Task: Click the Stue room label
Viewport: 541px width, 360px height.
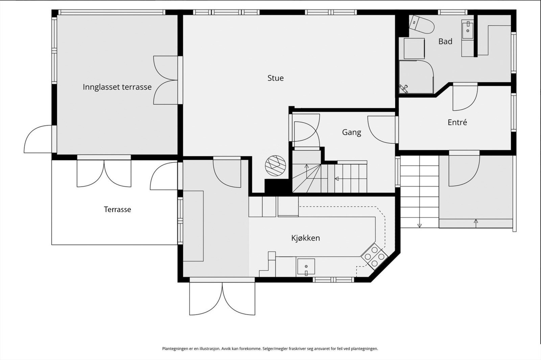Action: click(276, 78)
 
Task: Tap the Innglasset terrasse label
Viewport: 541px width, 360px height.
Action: click(117, 87)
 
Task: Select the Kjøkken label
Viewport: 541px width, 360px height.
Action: click(306, 238)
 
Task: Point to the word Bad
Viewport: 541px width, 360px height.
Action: click(445, 41)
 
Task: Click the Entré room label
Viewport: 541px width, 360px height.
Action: click(457, 122)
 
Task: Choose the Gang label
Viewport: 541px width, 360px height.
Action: click(352, 132)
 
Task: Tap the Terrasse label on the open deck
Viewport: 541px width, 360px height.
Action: click(117, 209)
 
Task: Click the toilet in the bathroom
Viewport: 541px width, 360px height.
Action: click(421, 24)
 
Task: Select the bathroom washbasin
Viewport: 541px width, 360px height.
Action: click(468, 29)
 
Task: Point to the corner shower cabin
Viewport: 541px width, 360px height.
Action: click(416, 77)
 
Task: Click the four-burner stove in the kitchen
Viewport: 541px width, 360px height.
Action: click(375, 256)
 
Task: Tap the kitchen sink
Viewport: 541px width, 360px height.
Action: click(306, 267)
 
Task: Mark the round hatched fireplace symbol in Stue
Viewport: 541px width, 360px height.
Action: click(275, 165)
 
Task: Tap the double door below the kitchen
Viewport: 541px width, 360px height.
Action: click(222, 299)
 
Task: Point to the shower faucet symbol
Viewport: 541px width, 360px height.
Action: click(403, 88)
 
